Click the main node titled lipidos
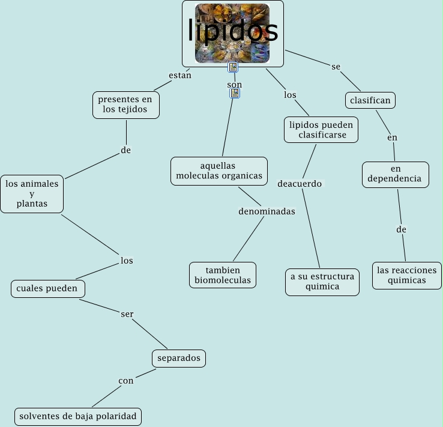pyautogui.click(x=233, y=33)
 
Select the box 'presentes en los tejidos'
pyautogui.click(x=126, y=104)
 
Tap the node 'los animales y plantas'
pyautogui.click(x=32, y=193)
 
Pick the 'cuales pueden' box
pyautogui.click(x=47, y=288)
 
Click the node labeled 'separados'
pyautogui.click(x=179, y=359)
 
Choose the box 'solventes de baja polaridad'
pyautogui.click(x=78, y=416)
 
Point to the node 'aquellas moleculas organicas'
pyautogui.click(x=219, y=171)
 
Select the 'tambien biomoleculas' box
pyautogui.click(x=223, y=275)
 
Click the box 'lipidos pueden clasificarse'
pyautogui.click(x=322, y=130)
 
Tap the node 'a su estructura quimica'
pyautogui.click(x=322, y=282)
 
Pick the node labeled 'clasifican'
pyautogui.click(x=370, y=100)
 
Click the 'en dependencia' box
pyautogui.click(x=395, y=174)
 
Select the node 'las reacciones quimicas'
pyautogui.click(x=406, y=275)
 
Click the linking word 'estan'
pyautogui.click(x=180, y=76)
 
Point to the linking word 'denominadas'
pyautogui.click(x=267, y=211)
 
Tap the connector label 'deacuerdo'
pyautogui.click(x=300, y=183)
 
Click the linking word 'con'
pyautogui.click(x=126, y=380)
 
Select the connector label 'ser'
pyautogui.click(x=127, y=314)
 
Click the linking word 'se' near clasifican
pyautogui.click(x=336, y=66)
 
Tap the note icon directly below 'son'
pyautogui.click(x=235, y=94)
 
